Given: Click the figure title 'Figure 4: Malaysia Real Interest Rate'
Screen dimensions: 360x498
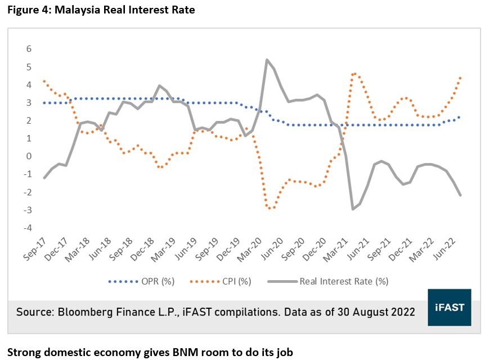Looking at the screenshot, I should [x=101, y=10].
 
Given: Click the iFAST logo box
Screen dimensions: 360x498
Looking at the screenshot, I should [x=450, y=307].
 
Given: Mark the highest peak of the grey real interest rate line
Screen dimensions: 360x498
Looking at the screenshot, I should [x=267, y=60].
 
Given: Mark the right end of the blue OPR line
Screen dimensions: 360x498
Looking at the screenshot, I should [x=460, y=117].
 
